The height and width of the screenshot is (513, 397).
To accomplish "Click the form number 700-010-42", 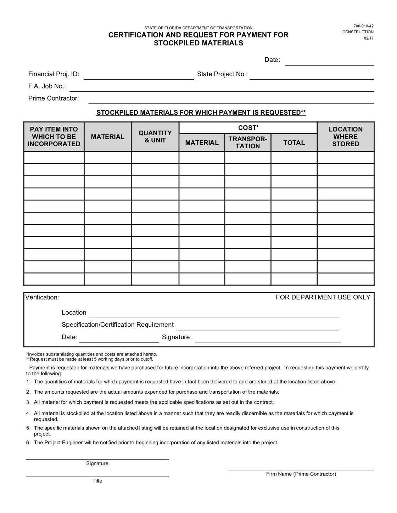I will click(x=363, y=26).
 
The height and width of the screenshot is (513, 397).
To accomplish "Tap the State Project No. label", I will click(x=222, y=74).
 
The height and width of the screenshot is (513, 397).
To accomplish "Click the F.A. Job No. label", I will click(x=47, y=86).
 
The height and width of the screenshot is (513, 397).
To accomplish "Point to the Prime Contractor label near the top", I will click(x=54, y=98).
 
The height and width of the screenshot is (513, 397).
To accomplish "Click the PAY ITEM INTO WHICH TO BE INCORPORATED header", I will click(x=54, y=137).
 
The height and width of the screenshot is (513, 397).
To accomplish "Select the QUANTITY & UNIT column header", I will click(x=155, y=137).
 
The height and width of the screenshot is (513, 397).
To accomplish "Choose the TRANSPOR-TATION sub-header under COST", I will click(x=247, y=142).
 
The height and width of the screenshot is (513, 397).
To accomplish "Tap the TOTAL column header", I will click(x=294, y=143).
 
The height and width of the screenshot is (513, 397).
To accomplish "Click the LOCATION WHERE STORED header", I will click(x=346, y=137).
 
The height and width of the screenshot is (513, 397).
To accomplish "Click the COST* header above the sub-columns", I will click(x=248, y=127).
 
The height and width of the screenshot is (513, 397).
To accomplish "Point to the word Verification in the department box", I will click(x=42, y=297).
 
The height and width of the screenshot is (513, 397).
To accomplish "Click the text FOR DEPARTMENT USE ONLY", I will click(x=323, y=297).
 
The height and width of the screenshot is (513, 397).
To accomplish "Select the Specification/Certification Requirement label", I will click(x=117, y=325).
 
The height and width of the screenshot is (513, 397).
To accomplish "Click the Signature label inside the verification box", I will click(x=177, y=337).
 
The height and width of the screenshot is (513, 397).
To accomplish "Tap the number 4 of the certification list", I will click(x=28, y=413).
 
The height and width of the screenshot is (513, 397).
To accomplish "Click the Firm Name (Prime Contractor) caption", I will click(x=301, y=474).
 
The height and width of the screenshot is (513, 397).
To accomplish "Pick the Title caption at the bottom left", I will click(x=97, y=481).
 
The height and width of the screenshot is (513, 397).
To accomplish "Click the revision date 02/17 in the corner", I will click(x=369, y=38).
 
